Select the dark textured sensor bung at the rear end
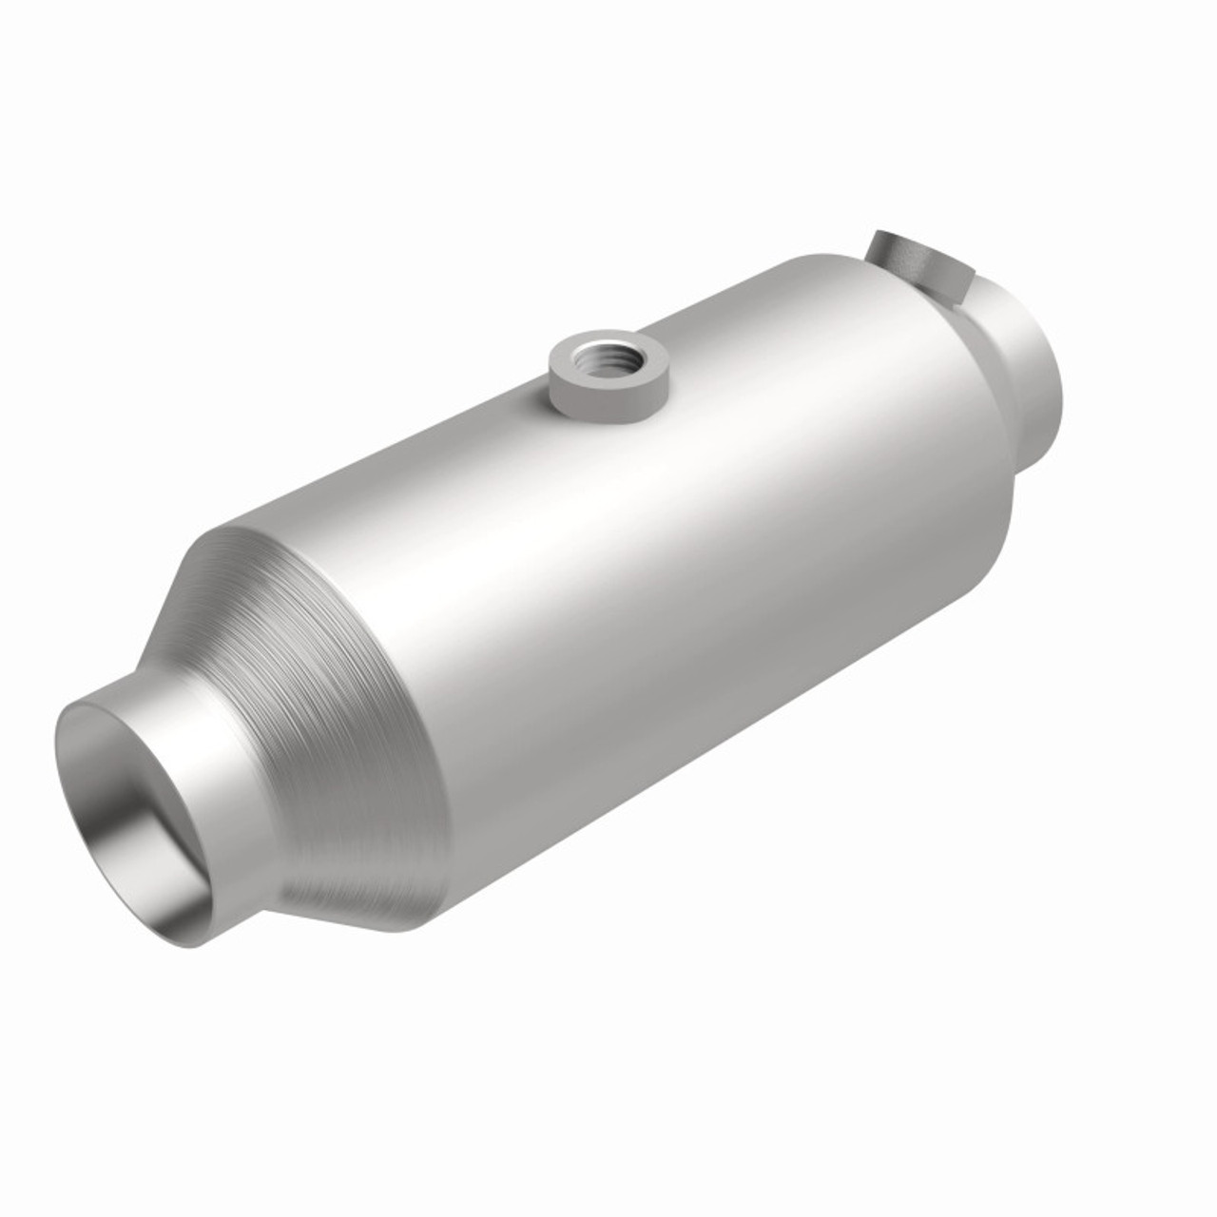pos(913,265)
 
